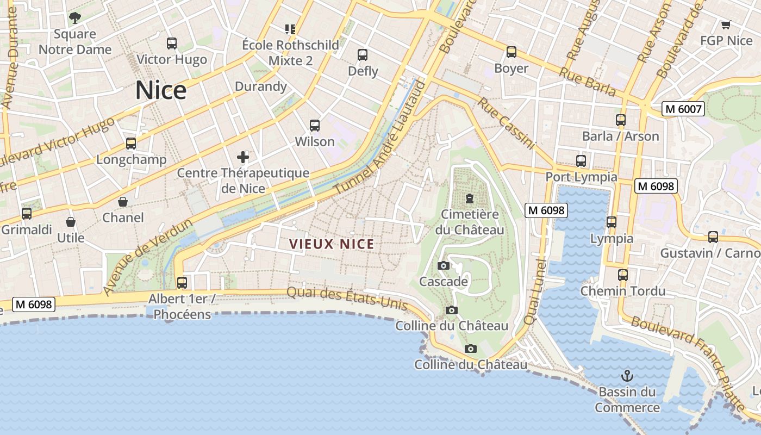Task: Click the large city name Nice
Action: pos(161,90)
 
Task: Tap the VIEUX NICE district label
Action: pos(332,244)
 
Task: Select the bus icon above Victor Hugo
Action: pos(172,43)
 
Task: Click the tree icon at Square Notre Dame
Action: pos(75,18)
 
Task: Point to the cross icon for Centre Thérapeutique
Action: pos(243,158)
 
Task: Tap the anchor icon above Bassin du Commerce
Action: pos(627,376)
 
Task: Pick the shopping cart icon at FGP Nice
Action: pos(726,24)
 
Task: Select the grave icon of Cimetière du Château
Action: pos(470,198)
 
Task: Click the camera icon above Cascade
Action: pos(444,265)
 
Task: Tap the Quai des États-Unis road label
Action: pos(347,297)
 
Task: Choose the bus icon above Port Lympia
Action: pos(581,161)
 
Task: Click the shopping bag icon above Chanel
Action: pos(123,202)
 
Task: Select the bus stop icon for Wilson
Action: pos(315,126)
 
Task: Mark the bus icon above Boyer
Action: pos(511,52)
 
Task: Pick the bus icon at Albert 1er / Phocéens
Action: pos(182,283)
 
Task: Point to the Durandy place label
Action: pos(260,86)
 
